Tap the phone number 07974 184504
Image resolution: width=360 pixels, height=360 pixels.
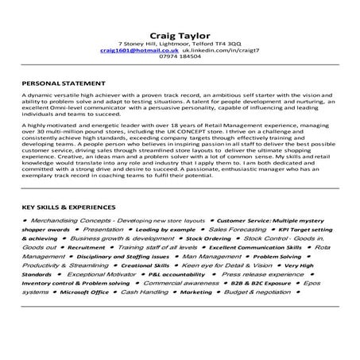(x=180, y=56)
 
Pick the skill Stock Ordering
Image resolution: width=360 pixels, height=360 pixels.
(x=208, y=238)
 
